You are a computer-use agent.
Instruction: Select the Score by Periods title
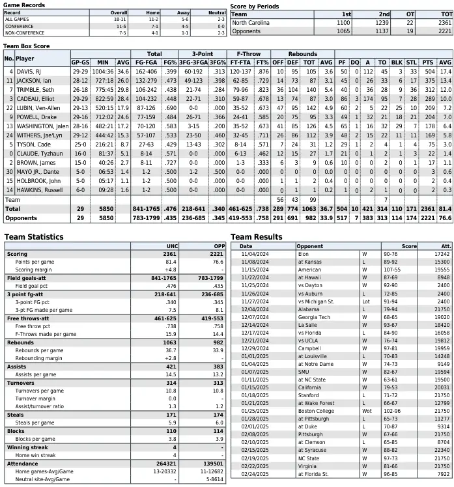coord(255,6)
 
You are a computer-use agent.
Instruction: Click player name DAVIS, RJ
coord(30,71)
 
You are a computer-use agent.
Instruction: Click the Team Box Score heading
coord(27,46)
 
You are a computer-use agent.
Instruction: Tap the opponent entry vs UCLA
coord(309,339)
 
